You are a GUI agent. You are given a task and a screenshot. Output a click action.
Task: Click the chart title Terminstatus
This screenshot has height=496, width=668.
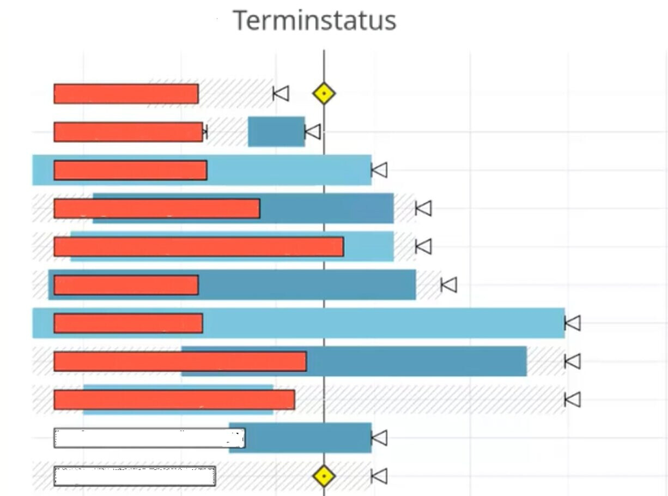point(314,21)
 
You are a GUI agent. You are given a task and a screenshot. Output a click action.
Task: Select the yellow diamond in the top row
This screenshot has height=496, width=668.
point(324,94)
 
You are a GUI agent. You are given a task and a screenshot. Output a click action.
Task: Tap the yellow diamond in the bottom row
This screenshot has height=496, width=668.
point(324,476)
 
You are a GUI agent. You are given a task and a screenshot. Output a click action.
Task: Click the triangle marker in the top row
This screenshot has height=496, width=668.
point(281,94)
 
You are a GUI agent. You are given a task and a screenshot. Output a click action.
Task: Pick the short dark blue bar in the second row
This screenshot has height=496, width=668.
point(276,132)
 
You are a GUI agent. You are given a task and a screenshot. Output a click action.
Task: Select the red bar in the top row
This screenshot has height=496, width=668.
point(126,94)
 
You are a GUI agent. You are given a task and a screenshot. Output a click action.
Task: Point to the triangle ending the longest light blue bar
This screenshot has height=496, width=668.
point(573,323)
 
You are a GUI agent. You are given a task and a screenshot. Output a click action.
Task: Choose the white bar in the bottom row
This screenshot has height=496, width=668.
point(135,476)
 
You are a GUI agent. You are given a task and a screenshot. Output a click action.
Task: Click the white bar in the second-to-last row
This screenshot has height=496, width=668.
point(149,438)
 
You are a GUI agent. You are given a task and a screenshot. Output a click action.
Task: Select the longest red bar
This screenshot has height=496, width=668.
point(198,247)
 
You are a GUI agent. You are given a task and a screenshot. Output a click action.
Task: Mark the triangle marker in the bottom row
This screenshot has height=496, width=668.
point(380,476)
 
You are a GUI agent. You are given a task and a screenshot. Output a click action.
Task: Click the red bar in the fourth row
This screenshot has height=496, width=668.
point(157,209)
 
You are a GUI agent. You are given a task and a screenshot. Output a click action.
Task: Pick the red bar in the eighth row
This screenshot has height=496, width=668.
point(180,361)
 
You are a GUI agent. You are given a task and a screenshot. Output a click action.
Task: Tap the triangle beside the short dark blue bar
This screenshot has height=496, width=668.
point(313,132)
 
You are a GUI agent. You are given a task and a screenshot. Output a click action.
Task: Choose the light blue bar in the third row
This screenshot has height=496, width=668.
point(289,170)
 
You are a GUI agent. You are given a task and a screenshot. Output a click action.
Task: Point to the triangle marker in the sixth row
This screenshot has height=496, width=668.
point(449,285)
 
